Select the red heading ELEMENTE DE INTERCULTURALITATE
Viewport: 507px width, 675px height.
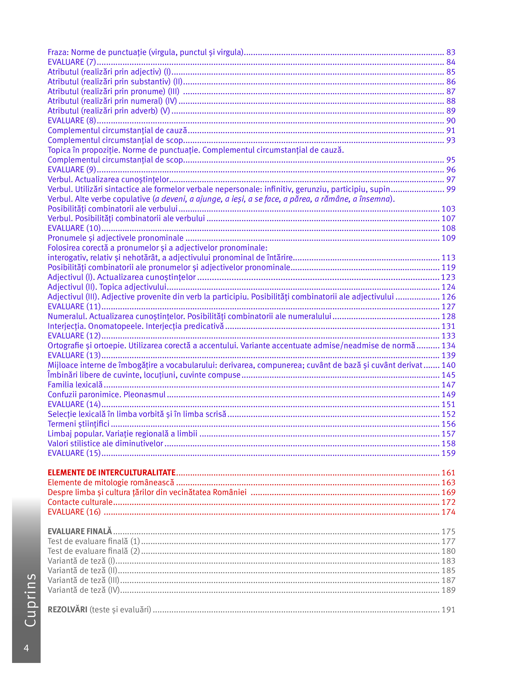point(112,473)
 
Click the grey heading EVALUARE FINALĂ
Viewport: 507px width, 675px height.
point(80,531)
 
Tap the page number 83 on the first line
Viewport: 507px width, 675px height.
point(451,52)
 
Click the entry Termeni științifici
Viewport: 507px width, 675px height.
point(79,424)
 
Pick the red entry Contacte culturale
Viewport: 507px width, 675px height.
point(80,502)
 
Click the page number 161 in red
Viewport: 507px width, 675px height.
point(448,473)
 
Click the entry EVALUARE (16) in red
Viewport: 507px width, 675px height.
point(74,512)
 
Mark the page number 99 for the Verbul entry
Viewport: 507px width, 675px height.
point(451,189)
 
